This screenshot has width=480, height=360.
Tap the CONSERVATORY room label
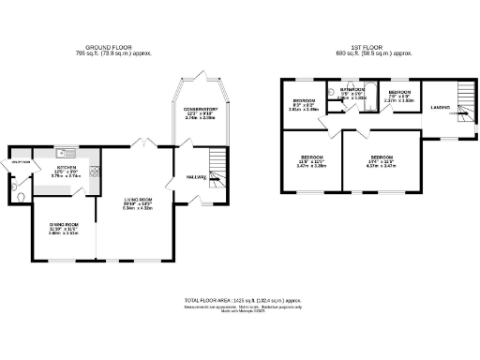pyautogui.click(x=201, y=110)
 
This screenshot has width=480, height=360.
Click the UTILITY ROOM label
pyautogui.click(x=18, y=161)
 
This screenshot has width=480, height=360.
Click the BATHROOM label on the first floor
pyautogui.click(x=352, y=90)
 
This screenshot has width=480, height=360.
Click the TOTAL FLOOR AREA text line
pyautogui.click(x=240, y=299)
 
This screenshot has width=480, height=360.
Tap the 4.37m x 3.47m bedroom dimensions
pyautogui.click(x=381, y=165)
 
